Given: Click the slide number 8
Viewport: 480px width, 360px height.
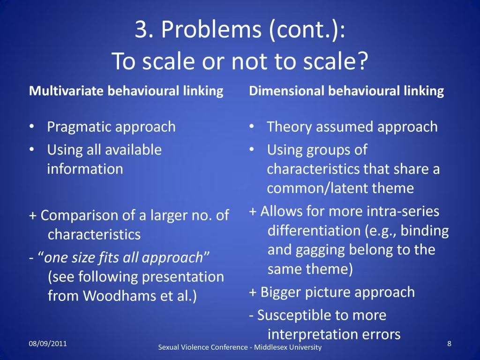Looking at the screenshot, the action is click(449, 344).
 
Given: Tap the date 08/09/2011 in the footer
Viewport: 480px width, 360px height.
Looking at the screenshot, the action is click(48, 344).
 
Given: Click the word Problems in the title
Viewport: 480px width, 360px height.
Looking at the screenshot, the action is click(211, 30).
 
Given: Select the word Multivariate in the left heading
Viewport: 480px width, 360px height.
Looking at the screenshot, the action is click(66, 91).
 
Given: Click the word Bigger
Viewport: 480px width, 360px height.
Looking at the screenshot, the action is click(280, 292).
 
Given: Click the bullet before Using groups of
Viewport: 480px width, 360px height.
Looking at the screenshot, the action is click(252, 150).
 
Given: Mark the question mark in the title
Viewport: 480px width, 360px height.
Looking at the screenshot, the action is click(362, 60).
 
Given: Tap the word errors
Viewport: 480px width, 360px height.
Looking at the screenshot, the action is click(381, 335).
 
